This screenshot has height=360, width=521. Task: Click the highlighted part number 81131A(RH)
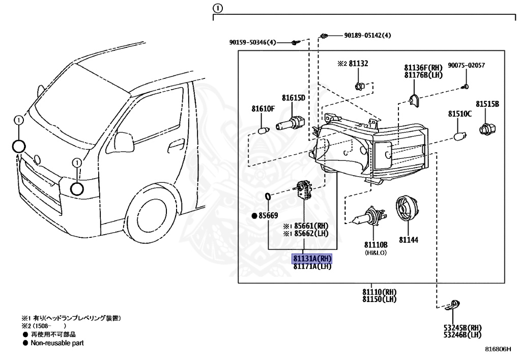click(x=312, y=259)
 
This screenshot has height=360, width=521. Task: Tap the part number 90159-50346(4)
click(x=252, y=43)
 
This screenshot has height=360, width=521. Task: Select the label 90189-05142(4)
click(x=367, y=35)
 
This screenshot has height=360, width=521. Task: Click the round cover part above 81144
click(x=407, y=208)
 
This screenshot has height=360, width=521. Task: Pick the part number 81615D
click(x=294, y=97)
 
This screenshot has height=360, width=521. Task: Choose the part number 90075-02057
click(x=466, y=66)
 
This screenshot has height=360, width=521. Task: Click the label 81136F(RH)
click(x=423, y=67)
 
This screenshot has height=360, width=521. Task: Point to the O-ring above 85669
click(x=268, y=197)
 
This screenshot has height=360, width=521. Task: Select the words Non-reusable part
click(x=55, y=343)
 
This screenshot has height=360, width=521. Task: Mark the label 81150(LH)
click(x=379, y=298)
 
